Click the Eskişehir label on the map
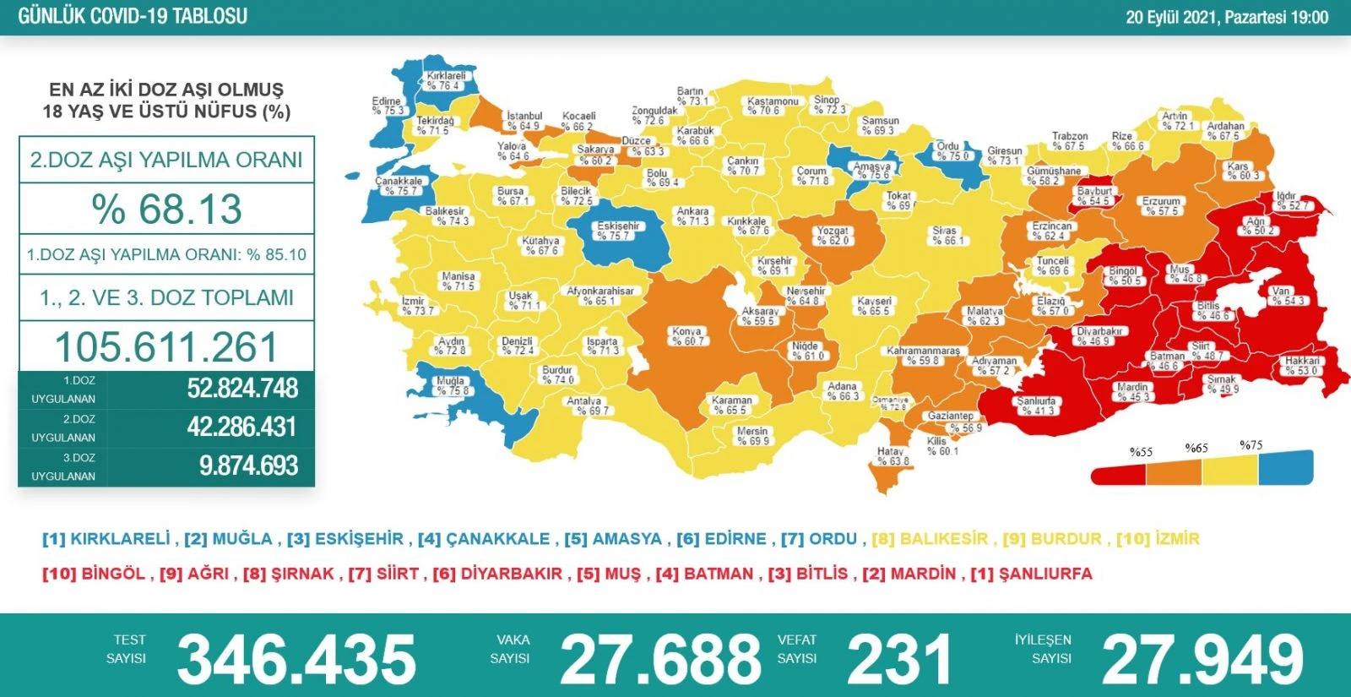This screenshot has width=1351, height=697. click(618, 231)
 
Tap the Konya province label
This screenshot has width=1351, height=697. click(687, 336)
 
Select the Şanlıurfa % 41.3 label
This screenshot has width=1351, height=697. click(1037, 406)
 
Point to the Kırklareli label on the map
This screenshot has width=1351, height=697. click(445, 80)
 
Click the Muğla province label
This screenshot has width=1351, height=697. click(451, 385)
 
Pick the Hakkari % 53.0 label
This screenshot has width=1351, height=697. click(1302, 365)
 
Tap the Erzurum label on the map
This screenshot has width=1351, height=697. click(1161, 206)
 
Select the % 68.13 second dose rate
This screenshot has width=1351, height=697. click(166, 209)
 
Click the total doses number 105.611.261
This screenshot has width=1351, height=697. click(166, 346)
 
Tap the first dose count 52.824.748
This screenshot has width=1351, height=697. click(242, 389)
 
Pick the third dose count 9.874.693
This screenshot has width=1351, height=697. click(248, 466)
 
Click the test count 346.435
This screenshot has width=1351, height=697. click(296, 660)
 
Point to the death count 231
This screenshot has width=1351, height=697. click(899, 660)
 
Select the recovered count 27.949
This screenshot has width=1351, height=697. click(1202, 660)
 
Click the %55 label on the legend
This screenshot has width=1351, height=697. click(1141, 452)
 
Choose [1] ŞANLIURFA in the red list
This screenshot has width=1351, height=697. click(1031, 574)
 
